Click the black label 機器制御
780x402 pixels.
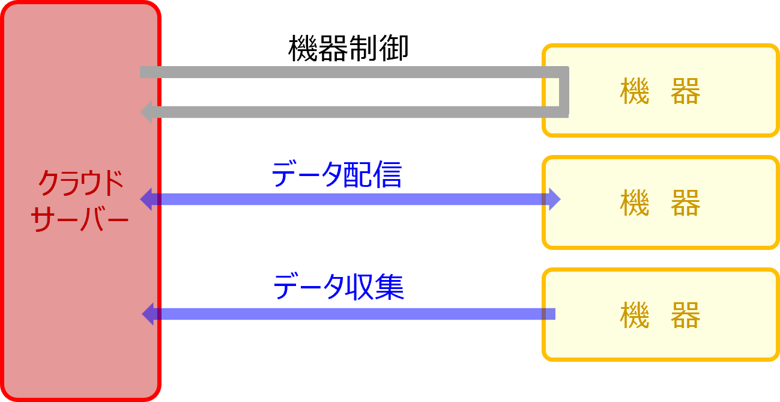pos(348,48)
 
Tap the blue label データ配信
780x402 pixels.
pos(336,174)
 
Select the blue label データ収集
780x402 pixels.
pos(339,287)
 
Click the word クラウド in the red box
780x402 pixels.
pos(80,183)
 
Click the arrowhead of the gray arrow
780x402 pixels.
pos(146,112)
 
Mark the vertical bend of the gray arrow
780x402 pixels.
pos(564,92)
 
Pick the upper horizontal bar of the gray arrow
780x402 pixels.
pos(354,72)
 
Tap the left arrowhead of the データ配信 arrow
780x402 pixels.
pos(146,199)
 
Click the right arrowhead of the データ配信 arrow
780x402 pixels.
pos(555,199)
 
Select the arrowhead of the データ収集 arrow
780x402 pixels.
pos(148,314)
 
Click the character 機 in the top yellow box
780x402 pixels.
pos(635,91)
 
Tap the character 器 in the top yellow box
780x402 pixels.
pos(685,91)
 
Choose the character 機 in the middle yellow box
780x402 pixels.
pos(635,203)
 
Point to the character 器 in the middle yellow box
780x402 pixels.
pos(685,203)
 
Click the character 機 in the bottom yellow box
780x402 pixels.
pos(635,315)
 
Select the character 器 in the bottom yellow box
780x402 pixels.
pos(685,315)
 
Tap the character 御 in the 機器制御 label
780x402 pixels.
pos(394,48)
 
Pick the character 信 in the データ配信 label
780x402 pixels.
pos(387,174)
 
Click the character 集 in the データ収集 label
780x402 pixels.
pos(389,287)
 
